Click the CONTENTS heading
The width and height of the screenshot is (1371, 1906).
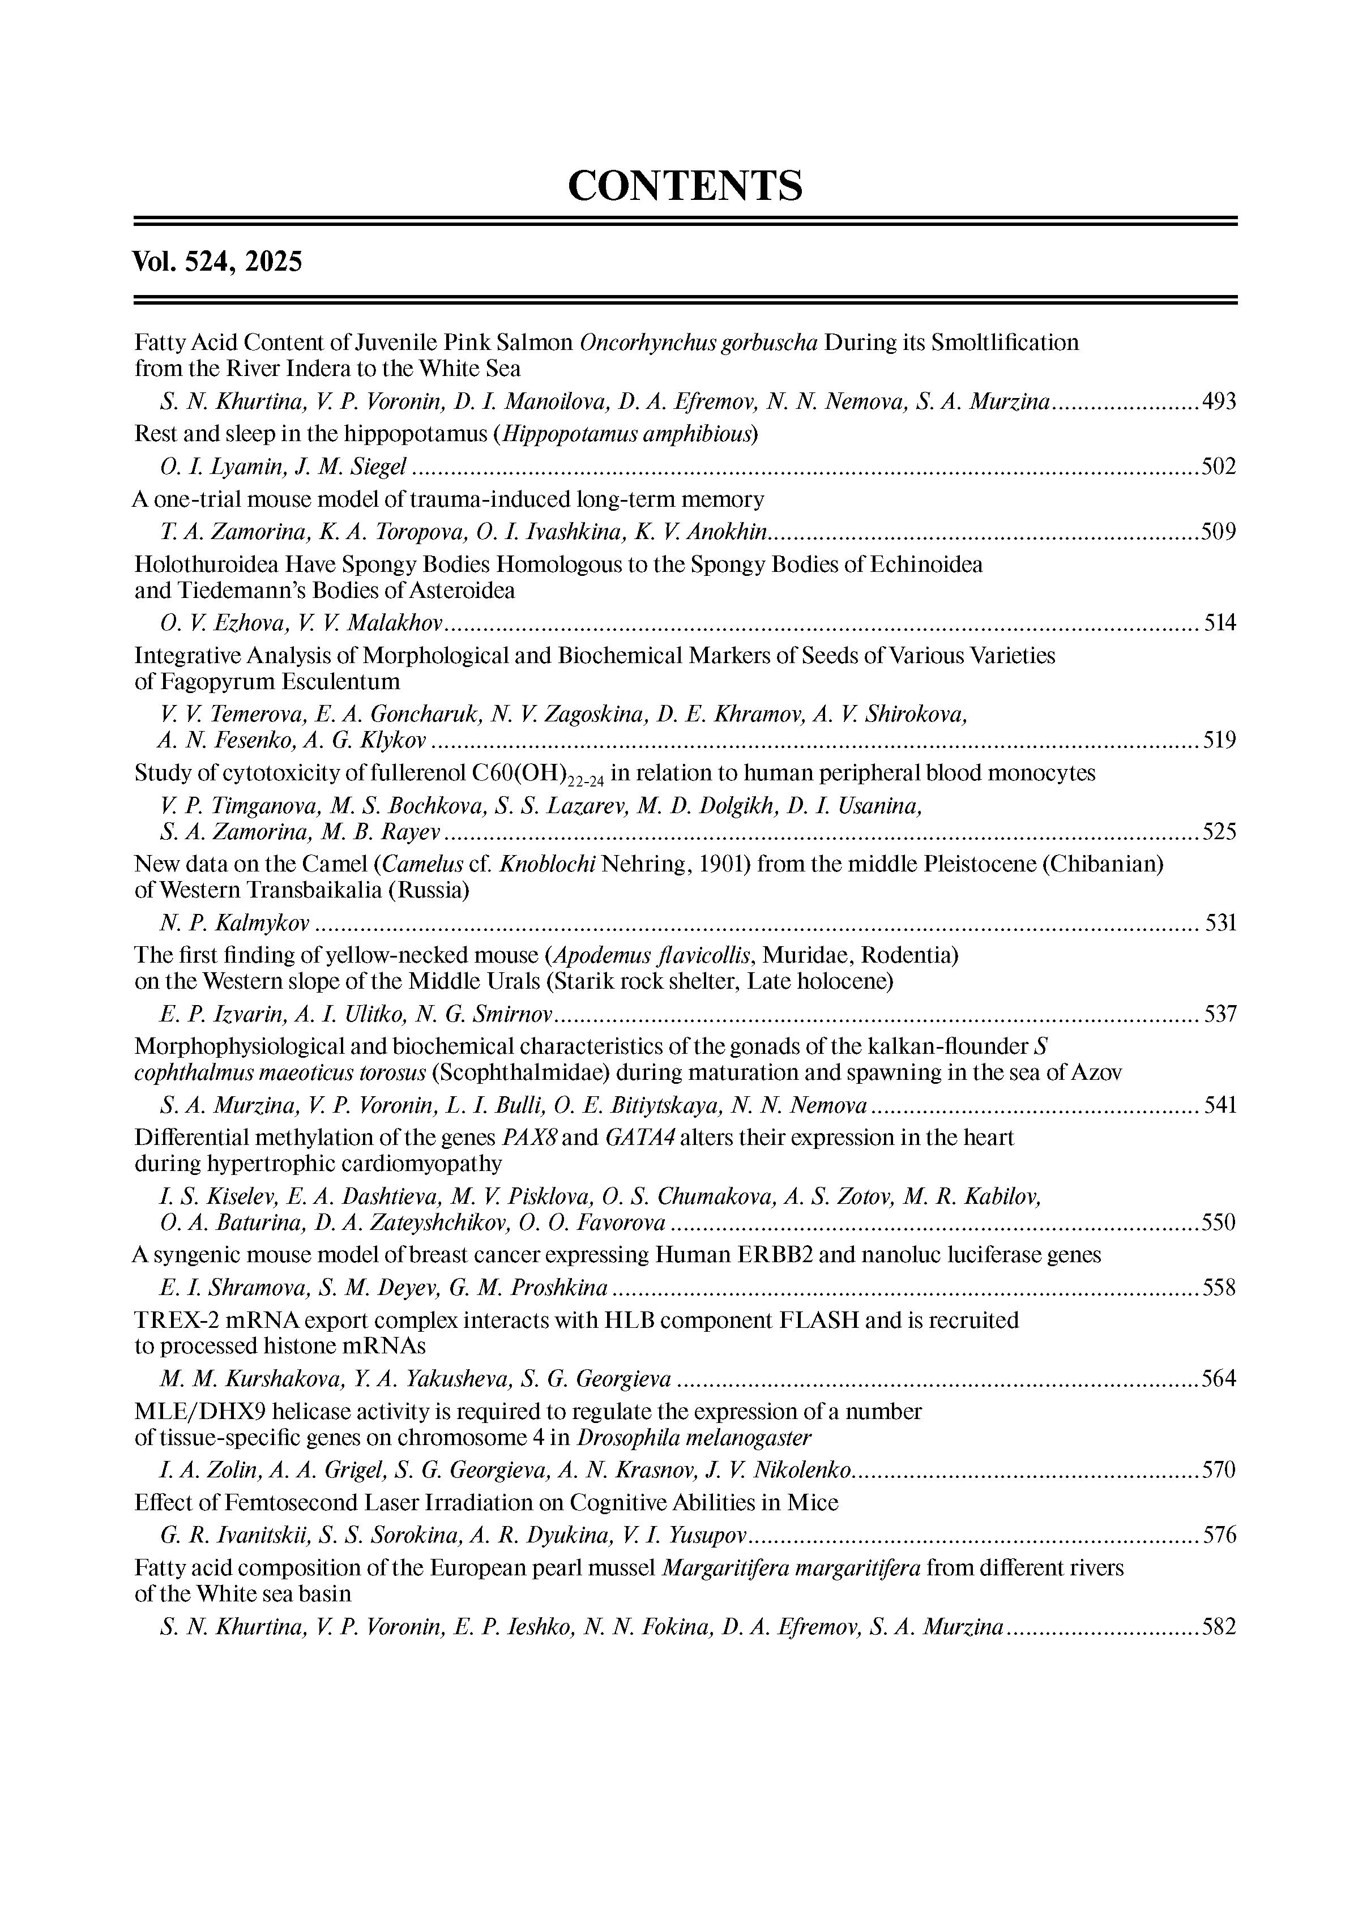tap(685, 186)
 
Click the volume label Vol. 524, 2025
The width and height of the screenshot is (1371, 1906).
tap(217, 262)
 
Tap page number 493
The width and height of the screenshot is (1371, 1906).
tap(1219, 401)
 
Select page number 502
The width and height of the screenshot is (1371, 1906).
tap(1219, 467)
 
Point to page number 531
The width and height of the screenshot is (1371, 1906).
tap(1220, 923)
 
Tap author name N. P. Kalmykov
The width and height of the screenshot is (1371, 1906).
tap(234, 923)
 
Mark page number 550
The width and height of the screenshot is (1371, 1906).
tap(1219, 1222)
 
